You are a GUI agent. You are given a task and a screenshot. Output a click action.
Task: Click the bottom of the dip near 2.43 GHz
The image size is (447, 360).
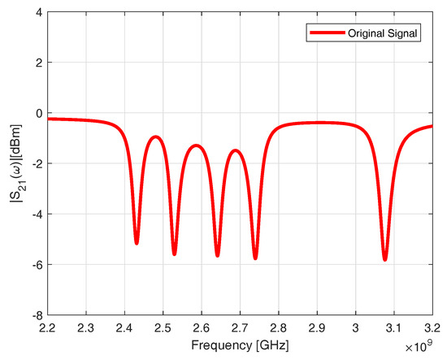[137, 242]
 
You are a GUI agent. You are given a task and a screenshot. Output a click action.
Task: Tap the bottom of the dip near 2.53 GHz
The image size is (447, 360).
[175, 254]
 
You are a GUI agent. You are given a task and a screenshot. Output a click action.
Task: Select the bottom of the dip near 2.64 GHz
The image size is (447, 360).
[217, 255]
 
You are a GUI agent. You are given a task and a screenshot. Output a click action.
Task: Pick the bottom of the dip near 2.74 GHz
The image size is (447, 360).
[255, 258]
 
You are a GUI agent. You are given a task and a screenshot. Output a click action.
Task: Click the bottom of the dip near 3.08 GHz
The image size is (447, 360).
[384, 259]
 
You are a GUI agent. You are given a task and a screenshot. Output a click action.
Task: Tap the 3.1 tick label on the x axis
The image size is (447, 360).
[394, 328]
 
